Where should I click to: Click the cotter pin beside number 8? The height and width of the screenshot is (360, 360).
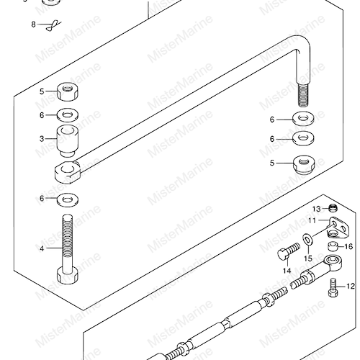coord(53,25)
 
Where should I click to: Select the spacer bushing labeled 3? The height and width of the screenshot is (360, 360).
coord(68,141)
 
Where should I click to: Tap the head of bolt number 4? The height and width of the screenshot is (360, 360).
coord(68,276)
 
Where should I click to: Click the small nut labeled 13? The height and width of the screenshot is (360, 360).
coord(333,208)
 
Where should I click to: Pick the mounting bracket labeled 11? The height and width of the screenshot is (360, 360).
coord(338,228)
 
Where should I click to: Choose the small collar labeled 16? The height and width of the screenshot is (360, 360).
coord(333,246)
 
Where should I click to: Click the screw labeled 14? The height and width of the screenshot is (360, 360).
coord(289,251)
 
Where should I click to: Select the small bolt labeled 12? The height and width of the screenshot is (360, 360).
coord(333,287)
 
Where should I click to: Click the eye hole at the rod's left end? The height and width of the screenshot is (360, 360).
coord(66,168)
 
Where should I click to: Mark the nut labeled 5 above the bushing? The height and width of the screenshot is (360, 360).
coord(68,91)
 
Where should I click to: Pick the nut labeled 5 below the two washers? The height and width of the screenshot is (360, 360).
coord(304,164)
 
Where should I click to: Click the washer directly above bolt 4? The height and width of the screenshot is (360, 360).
coord(68,199)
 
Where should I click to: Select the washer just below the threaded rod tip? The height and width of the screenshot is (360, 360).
coord(304,118)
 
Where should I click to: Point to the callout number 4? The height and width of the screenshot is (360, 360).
coord(42,248)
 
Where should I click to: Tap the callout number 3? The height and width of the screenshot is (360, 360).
coord(42,139)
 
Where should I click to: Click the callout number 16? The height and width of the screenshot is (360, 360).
coord(348,246)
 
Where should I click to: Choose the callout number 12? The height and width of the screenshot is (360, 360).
coord(351,286)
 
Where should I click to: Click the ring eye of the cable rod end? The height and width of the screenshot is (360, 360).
coord(333,261)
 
